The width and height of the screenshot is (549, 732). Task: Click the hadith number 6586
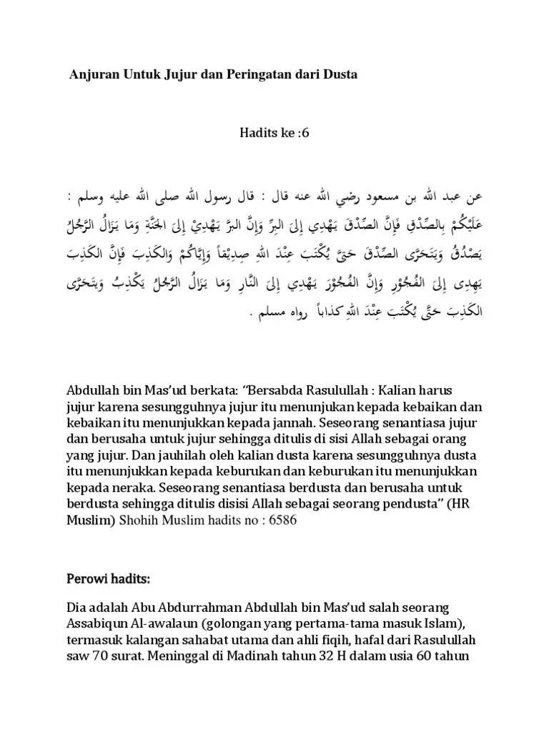tap(281, 522)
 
